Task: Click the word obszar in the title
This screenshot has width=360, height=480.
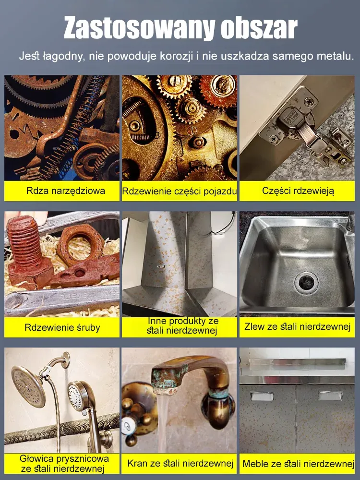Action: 259,28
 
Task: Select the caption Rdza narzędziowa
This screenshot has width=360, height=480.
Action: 65,191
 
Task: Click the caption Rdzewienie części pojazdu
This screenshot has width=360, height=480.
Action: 180,191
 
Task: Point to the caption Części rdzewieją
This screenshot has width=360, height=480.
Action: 298,191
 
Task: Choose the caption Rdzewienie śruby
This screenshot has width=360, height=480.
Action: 62,327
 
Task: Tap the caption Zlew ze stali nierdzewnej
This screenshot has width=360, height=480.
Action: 297,326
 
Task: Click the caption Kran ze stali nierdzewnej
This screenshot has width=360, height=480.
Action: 180,463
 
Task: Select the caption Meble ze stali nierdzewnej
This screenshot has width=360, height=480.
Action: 298,464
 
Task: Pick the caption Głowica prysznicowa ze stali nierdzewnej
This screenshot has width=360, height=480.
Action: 64,463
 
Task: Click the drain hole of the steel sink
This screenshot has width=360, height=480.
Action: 306,282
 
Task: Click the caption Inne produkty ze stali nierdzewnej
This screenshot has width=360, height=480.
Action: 182,326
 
